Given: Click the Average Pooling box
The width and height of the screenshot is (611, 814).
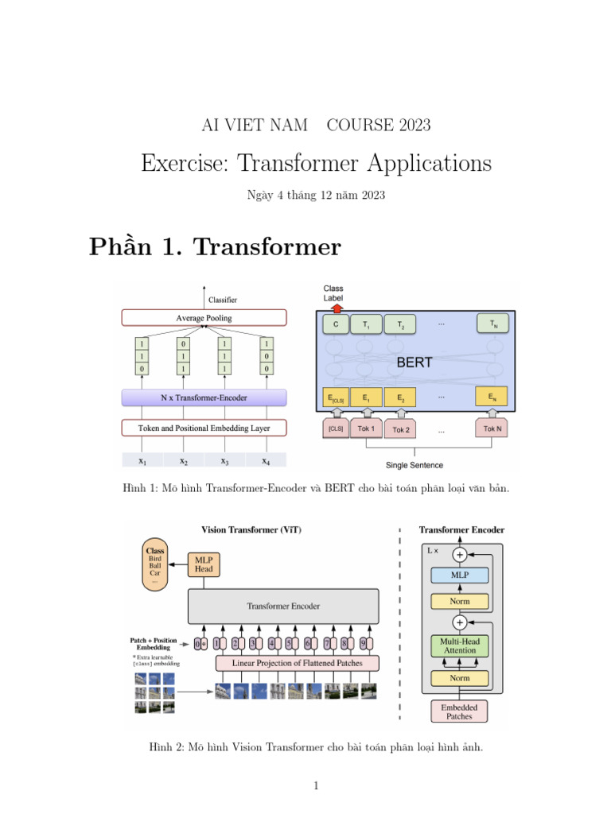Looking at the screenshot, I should tap(203, 318).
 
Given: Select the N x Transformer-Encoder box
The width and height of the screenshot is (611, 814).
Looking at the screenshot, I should tap(203, 397).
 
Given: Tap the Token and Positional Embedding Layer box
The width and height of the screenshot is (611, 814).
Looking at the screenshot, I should tap(203, 428).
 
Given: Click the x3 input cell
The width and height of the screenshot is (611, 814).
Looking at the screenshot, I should tap(224, 460).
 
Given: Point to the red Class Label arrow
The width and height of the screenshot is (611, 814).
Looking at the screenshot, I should tap(336, 308).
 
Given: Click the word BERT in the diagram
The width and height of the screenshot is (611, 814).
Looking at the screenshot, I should tap(414, 362).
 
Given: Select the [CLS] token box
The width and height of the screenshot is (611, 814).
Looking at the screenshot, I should tap(336, 428).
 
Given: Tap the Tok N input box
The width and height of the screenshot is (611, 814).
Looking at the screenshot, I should tap(493, 428).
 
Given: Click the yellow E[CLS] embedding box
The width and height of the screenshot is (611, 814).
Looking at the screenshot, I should tap(336, 397).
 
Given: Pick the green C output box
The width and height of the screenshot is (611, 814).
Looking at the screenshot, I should tap(336, 324).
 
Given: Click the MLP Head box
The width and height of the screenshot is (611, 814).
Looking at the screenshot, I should tap(203, 564).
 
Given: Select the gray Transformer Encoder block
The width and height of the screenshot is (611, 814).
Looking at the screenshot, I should tap(283, 606).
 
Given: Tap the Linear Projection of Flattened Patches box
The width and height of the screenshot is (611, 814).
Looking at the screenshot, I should tap(297, 663).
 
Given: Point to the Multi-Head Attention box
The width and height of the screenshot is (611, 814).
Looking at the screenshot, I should tap(460, 645).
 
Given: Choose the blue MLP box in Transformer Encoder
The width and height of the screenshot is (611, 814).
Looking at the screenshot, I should tap(460, 574).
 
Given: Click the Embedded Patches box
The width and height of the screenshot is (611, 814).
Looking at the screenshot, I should tap(460, 711).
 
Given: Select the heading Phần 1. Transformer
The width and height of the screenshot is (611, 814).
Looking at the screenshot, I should tap(215, 247).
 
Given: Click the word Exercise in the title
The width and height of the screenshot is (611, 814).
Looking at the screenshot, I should tap(177, 163).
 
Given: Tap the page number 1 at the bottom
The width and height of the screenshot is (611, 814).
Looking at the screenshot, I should tap(316, 786).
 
